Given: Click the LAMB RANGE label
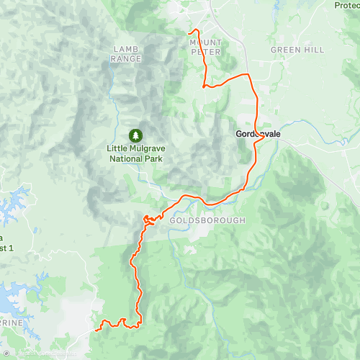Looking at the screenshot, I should pos(127,54).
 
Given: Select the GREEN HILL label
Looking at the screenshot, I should pos(297,50).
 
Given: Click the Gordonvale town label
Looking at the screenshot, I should pos(257,134).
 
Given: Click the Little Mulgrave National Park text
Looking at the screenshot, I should pos(135,153).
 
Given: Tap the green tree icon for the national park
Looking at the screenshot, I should pos(135,135).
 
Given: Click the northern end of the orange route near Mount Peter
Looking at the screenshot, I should pos(189,32).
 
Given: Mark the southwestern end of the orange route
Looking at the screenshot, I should pos(96,330).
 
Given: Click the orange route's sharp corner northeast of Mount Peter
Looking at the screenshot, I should pos(248,75).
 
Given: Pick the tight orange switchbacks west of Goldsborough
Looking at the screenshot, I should pos(148,220).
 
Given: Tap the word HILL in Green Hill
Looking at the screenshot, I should pos(313,50).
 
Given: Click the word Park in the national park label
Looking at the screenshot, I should pos(150,158).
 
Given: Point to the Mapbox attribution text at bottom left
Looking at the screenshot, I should pos(29,354).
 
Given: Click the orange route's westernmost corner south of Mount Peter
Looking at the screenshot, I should pos(204,86).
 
